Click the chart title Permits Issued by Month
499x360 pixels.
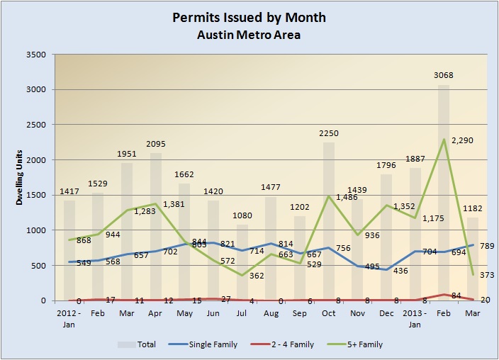pos(249,17)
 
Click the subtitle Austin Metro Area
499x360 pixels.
pos(249,35)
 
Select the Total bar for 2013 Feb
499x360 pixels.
pos(444,191)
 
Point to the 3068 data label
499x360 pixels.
pos(444,75)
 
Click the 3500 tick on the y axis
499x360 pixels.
pos(36,55)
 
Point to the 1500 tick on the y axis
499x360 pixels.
pos(36,196)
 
